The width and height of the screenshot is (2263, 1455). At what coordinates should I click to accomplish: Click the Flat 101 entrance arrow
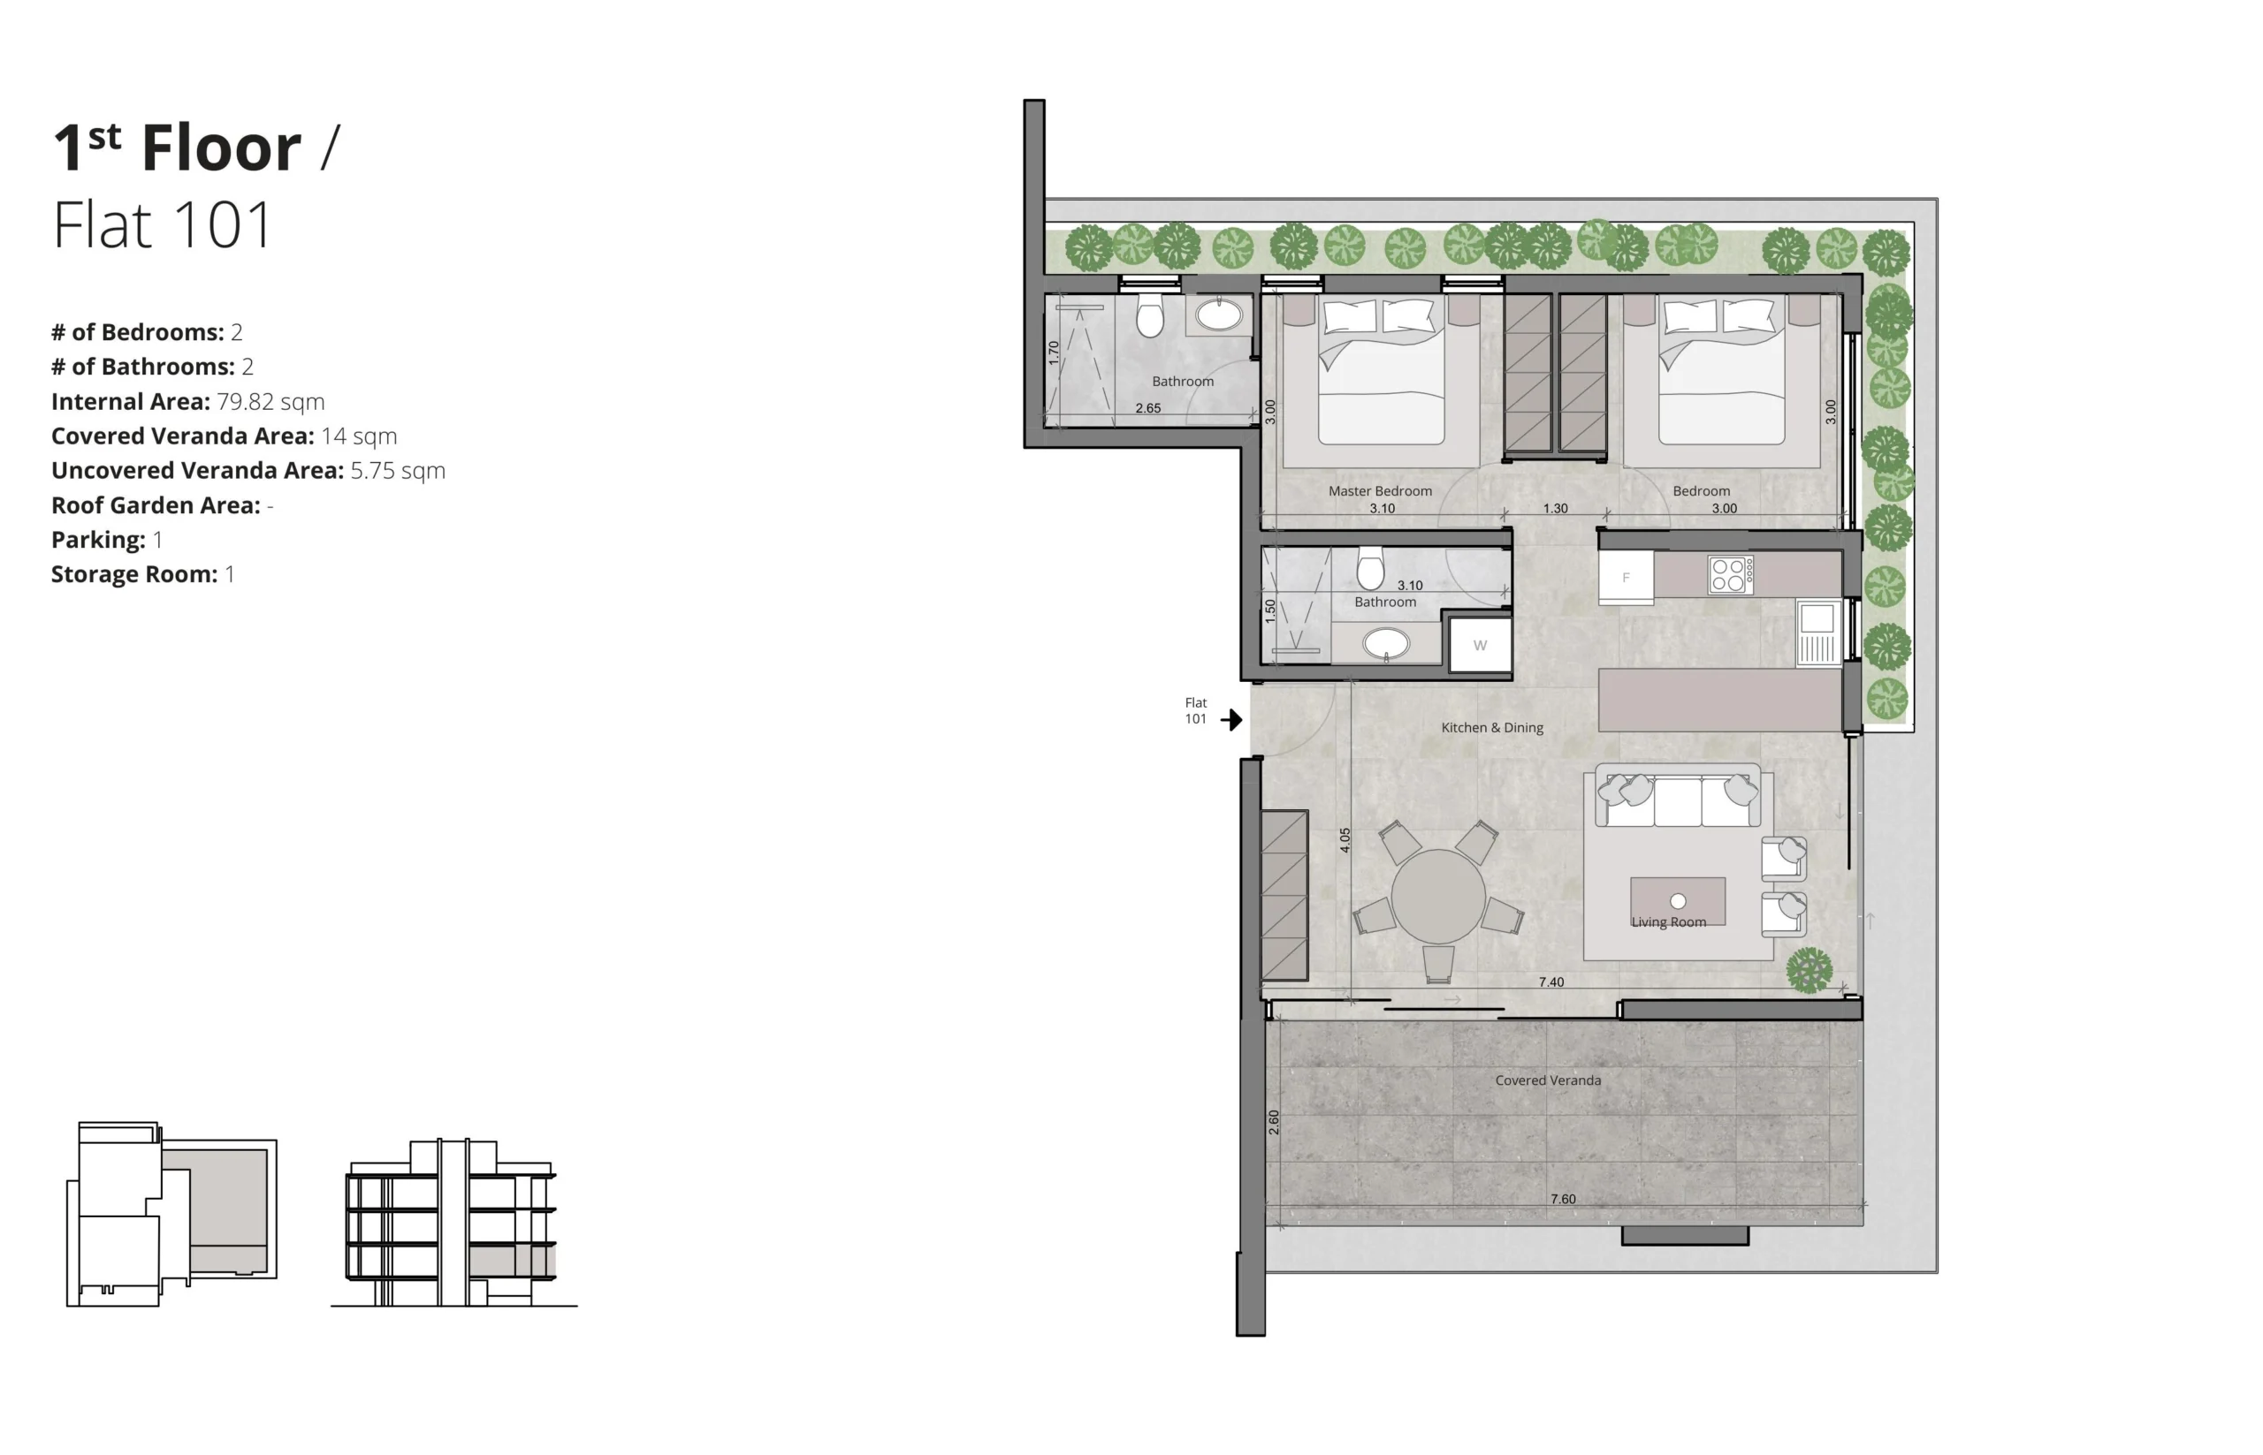1230,720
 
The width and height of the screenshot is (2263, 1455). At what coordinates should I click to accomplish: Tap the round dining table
1437,897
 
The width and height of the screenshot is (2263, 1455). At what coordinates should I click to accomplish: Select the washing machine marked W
1480,645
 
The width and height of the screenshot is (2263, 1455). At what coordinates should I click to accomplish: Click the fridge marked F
1625,577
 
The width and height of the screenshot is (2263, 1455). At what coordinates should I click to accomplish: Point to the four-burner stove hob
1730,574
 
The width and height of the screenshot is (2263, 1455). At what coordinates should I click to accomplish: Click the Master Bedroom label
1379,491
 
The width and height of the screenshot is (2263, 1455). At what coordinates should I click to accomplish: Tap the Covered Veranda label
1548,1080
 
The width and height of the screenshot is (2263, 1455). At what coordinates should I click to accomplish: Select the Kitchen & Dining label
1491,728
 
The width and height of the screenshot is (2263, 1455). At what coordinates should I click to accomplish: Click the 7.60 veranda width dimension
1563,1199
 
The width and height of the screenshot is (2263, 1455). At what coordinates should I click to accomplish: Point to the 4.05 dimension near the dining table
1345,840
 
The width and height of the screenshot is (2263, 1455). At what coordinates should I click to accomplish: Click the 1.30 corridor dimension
1555,508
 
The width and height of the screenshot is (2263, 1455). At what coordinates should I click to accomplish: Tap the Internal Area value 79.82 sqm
270,402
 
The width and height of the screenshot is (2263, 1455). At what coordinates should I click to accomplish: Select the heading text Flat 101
163,225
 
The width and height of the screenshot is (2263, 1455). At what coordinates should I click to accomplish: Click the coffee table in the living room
1677,901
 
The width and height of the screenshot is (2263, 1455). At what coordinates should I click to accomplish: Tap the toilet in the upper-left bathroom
1149,314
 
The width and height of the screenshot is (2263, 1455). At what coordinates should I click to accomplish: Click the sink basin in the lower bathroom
1386,644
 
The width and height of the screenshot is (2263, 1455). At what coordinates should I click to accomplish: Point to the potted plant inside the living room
1810,970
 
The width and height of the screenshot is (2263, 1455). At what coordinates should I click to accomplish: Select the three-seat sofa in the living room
1678,796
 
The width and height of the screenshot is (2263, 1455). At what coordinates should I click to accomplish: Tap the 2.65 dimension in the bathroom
1147,408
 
